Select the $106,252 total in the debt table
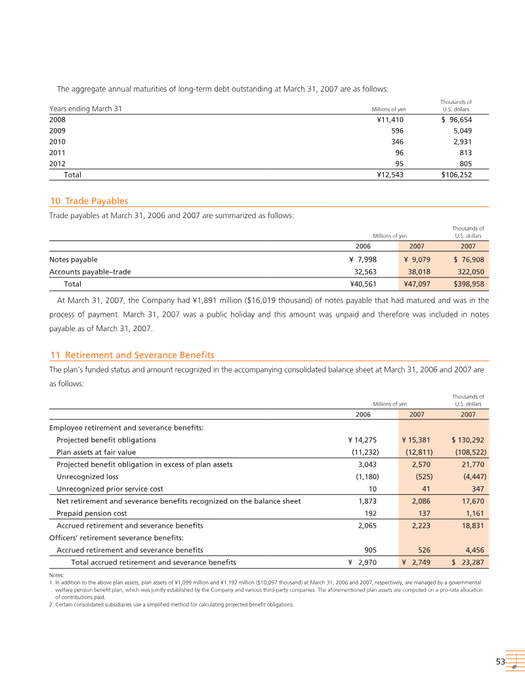(452, 175)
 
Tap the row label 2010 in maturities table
(57, 141)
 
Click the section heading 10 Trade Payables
(89, 201)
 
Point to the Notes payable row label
(73, 260)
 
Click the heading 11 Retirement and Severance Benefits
(132, 355)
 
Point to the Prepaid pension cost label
(91, 513)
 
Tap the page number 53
(500, 662)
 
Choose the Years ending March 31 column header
(85, 108)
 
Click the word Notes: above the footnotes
(56, 576)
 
